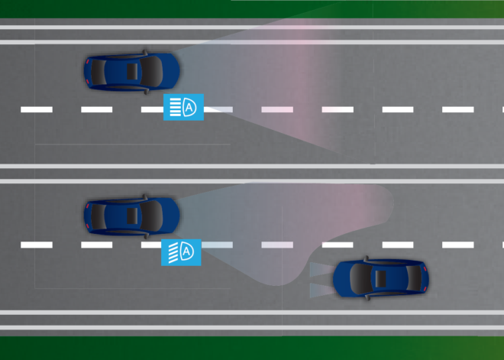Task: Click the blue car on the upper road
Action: [x=132, y=71]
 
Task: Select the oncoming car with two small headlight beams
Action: [x=381, y=278]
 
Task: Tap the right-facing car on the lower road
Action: [x=132, y=216]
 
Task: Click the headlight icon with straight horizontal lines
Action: [x=183, y=107]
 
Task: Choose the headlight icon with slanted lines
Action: [x=181, y=252]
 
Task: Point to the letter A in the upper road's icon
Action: [x=189, y=107]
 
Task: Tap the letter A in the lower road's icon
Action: [x=187, y=251]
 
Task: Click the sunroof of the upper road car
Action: [x=132, y=71]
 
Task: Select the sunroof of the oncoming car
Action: [x=381, y=279]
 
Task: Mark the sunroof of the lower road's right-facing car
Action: [x=132, y=216]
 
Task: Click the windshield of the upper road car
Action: [x=152, y=71]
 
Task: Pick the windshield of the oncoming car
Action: [x=361, y=279]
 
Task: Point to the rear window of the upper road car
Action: [x=99, y=72]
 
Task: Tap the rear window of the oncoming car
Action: [x=415, y=279]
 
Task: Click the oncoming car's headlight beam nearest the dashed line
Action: [x=321, y=269]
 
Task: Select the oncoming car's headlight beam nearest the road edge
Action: [x=321, y=290]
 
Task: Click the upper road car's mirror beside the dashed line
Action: [x=147, y=92]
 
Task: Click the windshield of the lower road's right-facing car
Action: [x=152, y=216]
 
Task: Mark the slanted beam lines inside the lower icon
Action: [x=173, y=253]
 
